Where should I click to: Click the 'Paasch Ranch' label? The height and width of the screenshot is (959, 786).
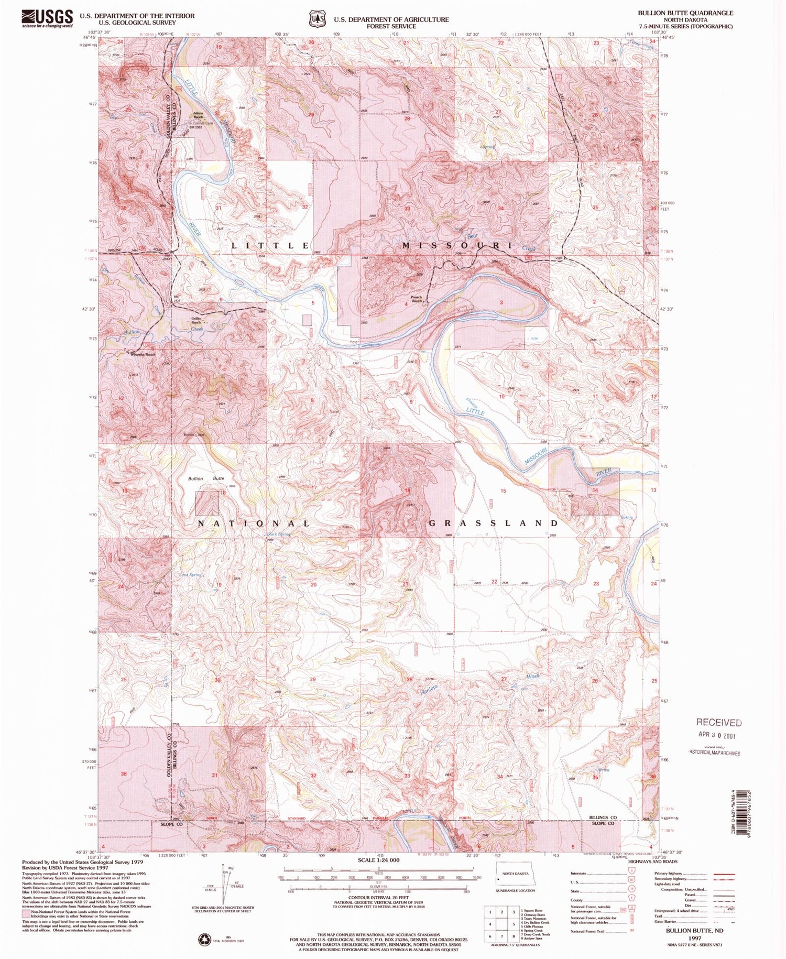point(416,299)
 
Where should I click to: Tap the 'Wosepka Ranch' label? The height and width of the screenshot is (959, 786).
point(143,355)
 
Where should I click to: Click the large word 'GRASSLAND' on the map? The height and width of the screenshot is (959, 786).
point(494,523)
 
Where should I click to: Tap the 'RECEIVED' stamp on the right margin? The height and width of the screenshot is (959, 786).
point(718,723)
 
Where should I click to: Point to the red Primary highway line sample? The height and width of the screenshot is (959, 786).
point(724,874)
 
